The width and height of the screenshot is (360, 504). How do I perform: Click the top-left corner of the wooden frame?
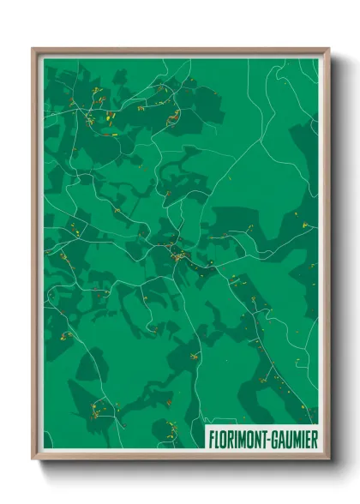(x=33, y=49)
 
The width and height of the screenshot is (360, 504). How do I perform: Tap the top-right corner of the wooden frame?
(x=328, y=49)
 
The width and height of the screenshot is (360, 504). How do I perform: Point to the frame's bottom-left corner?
(x=33, y=459)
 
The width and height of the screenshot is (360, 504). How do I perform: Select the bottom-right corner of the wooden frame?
(x=328, y=459)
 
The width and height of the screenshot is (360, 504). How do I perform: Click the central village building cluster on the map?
(x=177, y=255)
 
